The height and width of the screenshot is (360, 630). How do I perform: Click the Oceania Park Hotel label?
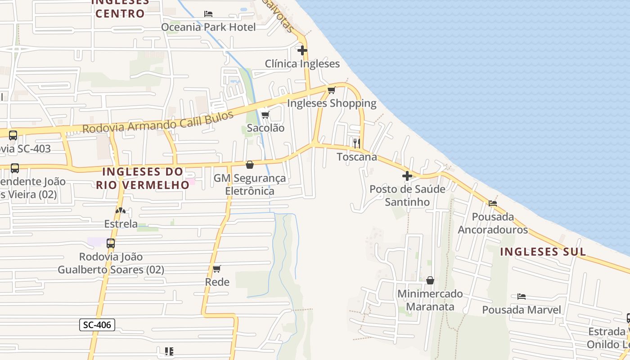(208, 27)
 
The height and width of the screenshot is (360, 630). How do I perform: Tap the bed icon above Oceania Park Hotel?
(208, 14)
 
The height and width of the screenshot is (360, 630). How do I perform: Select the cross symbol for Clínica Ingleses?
(302, 50)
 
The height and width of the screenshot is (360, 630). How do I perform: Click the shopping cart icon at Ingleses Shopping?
(332, 90)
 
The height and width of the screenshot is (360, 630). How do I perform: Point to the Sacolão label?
(266, 128)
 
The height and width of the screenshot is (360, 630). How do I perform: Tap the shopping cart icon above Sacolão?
(265, 115)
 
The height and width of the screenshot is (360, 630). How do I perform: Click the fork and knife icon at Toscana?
(357, 144)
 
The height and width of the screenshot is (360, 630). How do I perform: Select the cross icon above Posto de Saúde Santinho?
(407, 176)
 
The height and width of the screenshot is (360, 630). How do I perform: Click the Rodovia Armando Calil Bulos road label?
(158, 122)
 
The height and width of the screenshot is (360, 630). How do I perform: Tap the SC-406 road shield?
(97, 325)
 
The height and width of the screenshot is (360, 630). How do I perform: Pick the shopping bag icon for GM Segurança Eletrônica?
(250, 165)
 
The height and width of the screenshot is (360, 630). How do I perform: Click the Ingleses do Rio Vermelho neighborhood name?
(143, 178)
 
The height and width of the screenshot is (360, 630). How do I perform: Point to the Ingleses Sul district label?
(543, 252)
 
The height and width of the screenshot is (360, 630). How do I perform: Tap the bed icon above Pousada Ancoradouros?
(493, 203)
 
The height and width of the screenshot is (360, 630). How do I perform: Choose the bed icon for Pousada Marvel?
(522, 297)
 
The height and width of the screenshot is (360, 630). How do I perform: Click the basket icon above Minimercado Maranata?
(430, 280)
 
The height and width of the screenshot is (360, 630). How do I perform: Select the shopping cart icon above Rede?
(217, 269)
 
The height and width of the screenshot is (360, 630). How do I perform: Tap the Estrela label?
(121, 224)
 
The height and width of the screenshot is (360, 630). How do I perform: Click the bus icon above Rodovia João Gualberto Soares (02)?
(111, 243)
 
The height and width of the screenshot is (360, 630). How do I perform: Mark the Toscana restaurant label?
(357, 157)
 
